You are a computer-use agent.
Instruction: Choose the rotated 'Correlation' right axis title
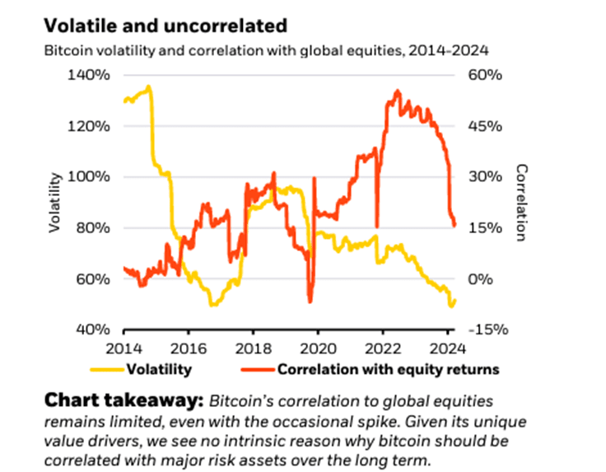(521, 203)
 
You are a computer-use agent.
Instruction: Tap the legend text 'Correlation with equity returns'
(389, 368)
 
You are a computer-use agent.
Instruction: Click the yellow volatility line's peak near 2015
(148, 86)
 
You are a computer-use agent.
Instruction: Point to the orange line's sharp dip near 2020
(310, 301)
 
